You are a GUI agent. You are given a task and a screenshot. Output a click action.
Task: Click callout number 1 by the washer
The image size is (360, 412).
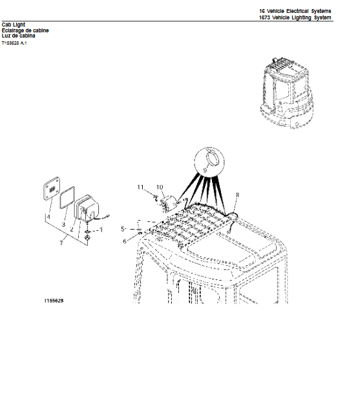click(x=101, y=229)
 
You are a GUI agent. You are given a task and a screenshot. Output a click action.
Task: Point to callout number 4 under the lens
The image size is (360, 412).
click(x=48, y=217)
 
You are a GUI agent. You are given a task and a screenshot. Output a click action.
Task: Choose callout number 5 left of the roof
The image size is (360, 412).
click(x=123, y=229)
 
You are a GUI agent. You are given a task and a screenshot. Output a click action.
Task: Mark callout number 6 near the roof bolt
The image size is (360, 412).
click(x=125, y=242)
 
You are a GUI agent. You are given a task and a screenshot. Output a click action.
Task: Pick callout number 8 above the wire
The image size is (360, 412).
click(x=237, y=194)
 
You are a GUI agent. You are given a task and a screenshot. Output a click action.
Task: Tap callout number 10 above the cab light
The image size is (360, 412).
click(x=158, y=187)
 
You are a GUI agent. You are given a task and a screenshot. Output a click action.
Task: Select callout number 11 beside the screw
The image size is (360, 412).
click(x=140, y=187)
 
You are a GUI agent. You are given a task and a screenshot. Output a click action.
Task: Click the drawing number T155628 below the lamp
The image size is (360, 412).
click(x=54, y=301)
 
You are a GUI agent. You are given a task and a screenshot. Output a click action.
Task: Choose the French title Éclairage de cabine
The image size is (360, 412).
click(x=25, y=30)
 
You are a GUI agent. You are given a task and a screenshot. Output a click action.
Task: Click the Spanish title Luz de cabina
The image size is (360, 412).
click(x=19, y=36)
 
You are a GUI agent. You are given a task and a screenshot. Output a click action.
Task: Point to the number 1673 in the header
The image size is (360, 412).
click(x=265, y=18)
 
